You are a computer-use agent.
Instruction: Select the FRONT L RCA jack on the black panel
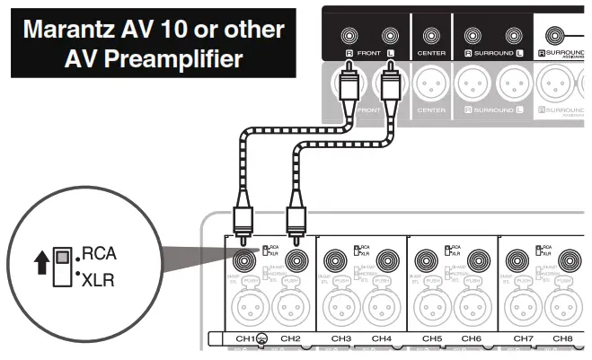point(390,37)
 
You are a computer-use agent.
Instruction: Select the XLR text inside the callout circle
point(98,280)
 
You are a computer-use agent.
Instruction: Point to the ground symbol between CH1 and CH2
point(263,339)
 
